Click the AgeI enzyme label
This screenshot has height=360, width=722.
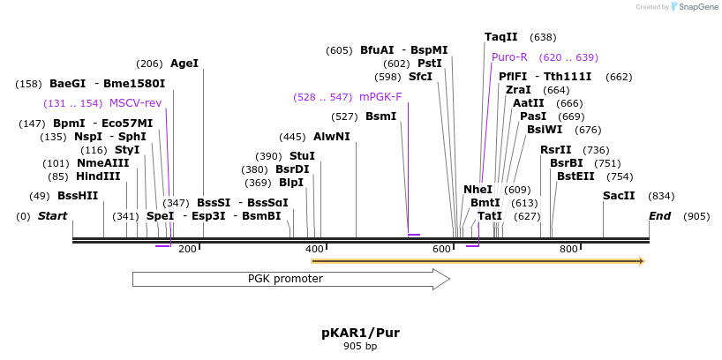pyautogui.click(x=184, y=64)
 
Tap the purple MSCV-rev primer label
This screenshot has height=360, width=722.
pyautogui.click(x=135, y=103)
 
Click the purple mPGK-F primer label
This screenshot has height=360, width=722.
pyautogui.click(x=380, y=97)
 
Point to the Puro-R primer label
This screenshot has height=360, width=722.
pyautogui.click(x=503, y=57)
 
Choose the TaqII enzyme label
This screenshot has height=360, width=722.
pyautogui.click(x=501, y=37)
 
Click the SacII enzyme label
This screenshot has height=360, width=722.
pyautogui.click(x=619, y=196)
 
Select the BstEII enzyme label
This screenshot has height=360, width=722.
pyautogui.click(x=575, y=176)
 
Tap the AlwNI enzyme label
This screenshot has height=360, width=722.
pyautogui.click(x=332, y=137)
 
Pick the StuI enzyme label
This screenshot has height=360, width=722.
pyautogui.click(x=302, y=156)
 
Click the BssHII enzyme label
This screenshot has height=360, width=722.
pyautogui.click(x=78, y=196)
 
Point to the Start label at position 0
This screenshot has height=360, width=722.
pyautogui.click(x=52, y=216)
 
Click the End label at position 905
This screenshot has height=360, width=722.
pyautogui.click(x=660, y=216)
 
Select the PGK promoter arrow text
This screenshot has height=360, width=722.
pyautogui.click(x=285, y=279)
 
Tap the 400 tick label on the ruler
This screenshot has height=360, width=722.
pyautogui.click(x=314, y=250)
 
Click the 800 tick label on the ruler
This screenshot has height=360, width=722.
pyautogui.click(x=568, y=250)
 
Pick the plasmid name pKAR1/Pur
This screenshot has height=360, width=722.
pyautogui.click(x=360, y=333)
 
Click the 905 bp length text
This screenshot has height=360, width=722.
pyautogui.click(x=360, y=346)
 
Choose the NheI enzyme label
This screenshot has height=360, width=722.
pyautogui.click(x=478, y=190)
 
